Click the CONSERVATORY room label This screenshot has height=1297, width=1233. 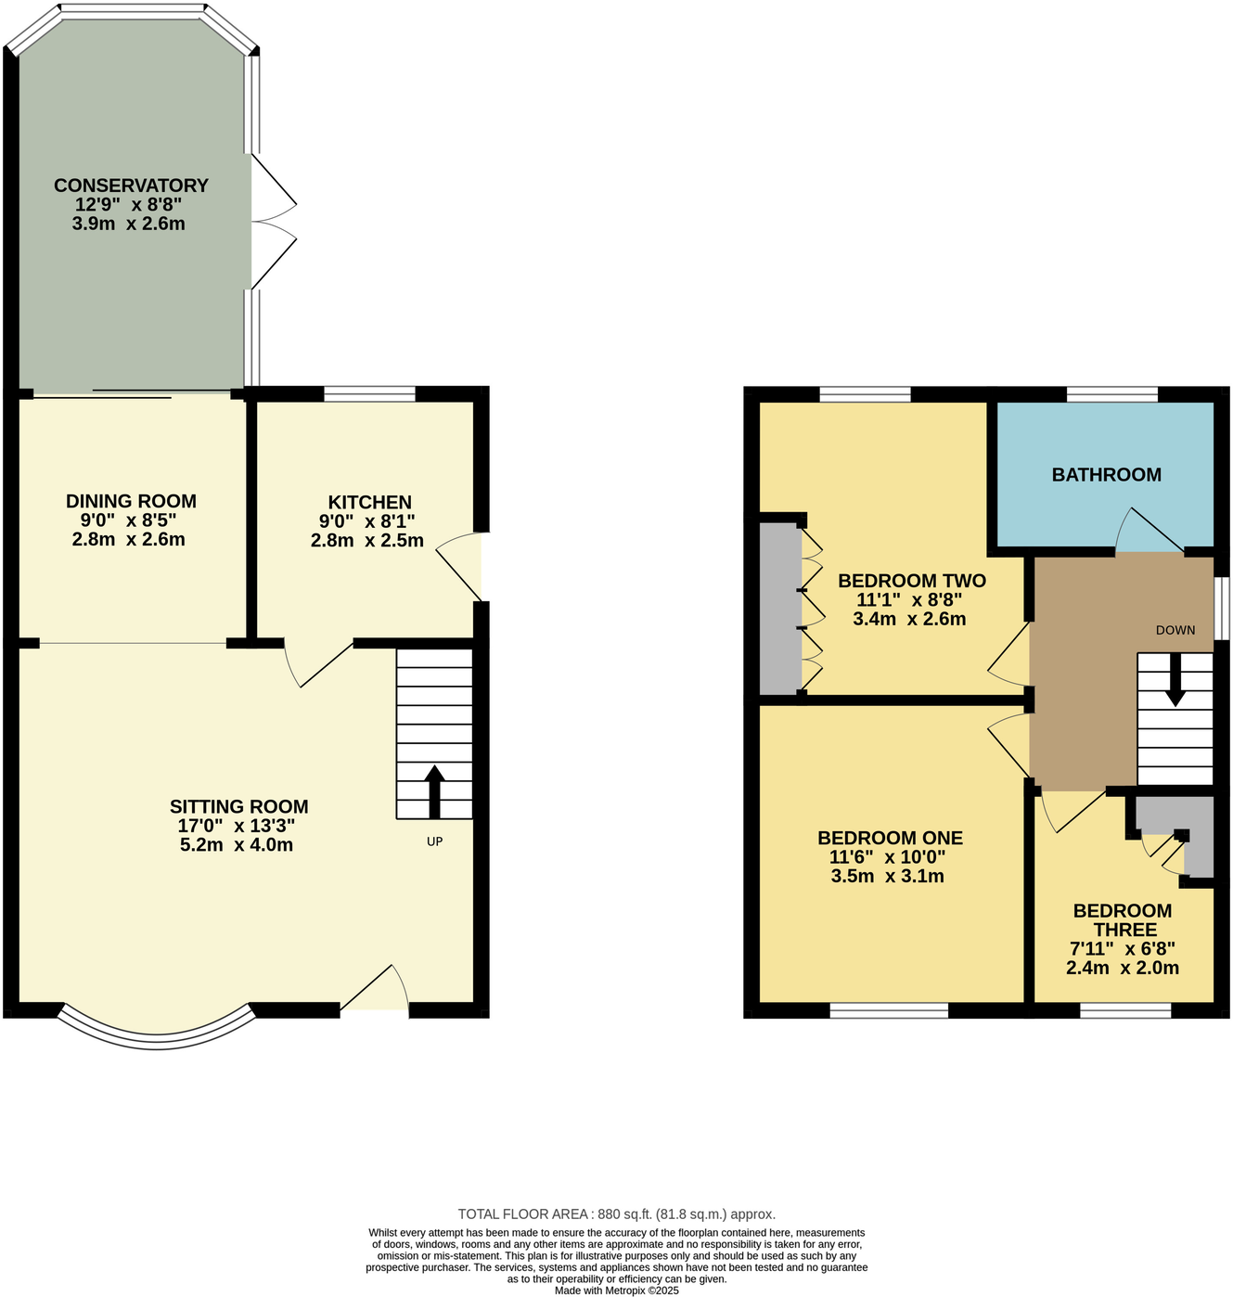pos(131,186)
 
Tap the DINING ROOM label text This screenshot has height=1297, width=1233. pos(131,502)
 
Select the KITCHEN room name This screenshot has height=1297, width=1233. pos(369,502)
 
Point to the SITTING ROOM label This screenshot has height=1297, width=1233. pos(238,807)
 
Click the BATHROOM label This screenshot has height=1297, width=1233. pos(1106,475)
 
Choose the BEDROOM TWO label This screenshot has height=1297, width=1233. pos(911,581)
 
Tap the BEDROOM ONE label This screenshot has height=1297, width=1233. pos(890,838)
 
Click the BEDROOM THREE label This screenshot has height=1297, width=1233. pos(1123,920)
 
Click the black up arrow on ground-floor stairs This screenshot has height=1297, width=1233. pos(433,789)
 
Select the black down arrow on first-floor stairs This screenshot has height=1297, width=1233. pos(1175,682)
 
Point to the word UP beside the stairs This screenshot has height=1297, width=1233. pos(434,841)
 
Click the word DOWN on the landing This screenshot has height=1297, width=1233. pos(1175,630)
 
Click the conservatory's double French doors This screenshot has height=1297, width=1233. pos(272,222)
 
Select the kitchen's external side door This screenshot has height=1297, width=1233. pos(462,566)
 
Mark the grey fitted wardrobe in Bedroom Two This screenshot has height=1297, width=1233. pos(778,609)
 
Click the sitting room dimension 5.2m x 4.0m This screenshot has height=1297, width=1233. pos(237,845)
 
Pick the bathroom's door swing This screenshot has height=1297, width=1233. pos(1148,533)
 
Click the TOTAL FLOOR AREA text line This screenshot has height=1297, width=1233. pos(616,1214)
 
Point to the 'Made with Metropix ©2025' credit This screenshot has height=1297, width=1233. pos(616,1291)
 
